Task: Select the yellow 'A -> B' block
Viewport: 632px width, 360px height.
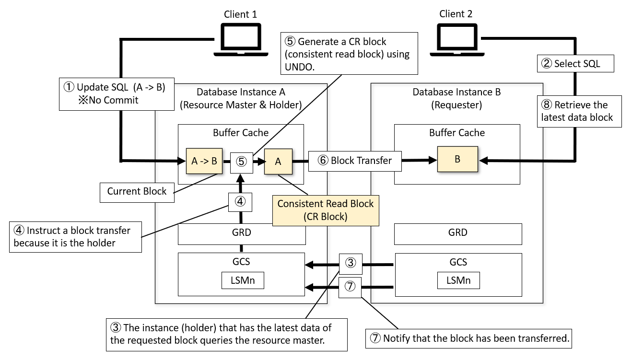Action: pos(204,161)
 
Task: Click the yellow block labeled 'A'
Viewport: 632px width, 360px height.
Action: pos(278,162)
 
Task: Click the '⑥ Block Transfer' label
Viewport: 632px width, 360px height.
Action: pos(354,161)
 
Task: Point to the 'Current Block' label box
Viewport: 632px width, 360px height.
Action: pos(137,191)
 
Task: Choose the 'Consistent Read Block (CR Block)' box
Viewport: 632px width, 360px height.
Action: pos(326,210)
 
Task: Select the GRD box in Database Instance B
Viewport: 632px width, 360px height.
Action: pos(457,232)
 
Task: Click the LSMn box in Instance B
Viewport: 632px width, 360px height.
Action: pos(458,280)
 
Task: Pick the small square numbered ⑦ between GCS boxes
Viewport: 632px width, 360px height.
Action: pos(351,287)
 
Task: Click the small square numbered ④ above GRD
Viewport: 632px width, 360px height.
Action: pos(240,201)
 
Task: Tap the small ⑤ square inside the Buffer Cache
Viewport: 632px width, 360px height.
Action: pos(242,161)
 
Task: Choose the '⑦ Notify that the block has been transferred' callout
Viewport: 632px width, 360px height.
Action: pos(469,338)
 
